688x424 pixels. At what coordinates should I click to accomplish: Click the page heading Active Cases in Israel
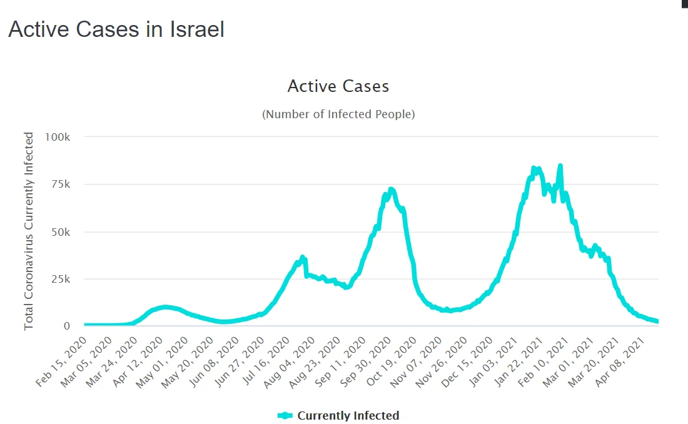(116, 29)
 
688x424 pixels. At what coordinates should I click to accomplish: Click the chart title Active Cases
(338, 86)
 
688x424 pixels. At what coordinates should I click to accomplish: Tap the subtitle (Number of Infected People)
(338, 114)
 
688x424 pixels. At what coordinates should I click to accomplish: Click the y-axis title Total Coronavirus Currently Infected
(29, 231)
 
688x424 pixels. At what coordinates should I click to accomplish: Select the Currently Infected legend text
(348, 415)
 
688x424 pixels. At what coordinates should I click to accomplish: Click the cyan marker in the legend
(285, 415)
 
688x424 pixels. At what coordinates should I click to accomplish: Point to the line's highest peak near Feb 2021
(560, 166)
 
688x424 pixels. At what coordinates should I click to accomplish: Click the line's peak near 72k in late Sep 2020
(391, 189)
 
